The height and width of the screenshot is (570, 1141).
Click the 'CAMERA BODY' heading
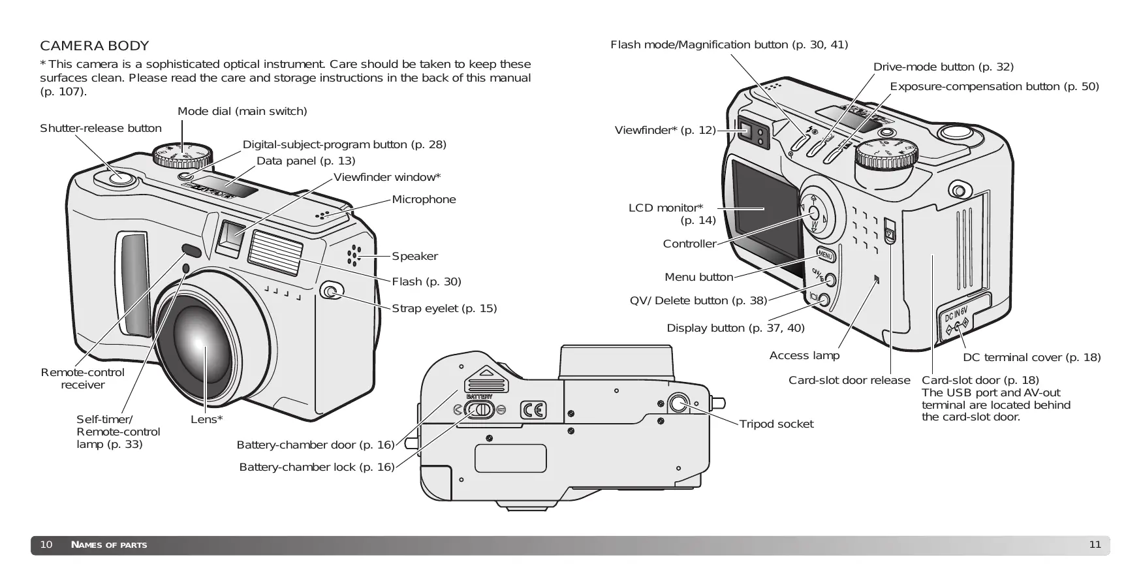[95, 46]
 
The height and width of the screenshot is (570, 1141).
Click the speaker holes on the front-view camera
[354, 256]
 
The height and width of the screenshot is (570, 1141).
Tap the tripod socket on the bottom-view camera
[678, 403]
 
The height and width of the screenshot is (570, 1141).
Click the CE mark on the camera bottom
[533, 410]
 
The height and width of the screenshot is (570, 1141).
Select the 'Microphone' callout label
[424, 200]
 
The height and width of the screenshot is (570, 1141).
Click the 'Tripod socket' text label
[776, 424]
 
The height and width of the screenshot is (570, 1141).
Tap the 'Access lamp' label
[804, 356]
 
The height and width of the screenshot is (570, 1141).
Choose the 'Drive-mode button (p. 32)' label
[943, 67]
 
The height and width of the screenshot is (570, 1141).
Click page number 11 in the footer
[1095, 545]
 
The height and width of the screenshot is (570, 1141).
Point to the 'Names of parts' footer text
[109, 545]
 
